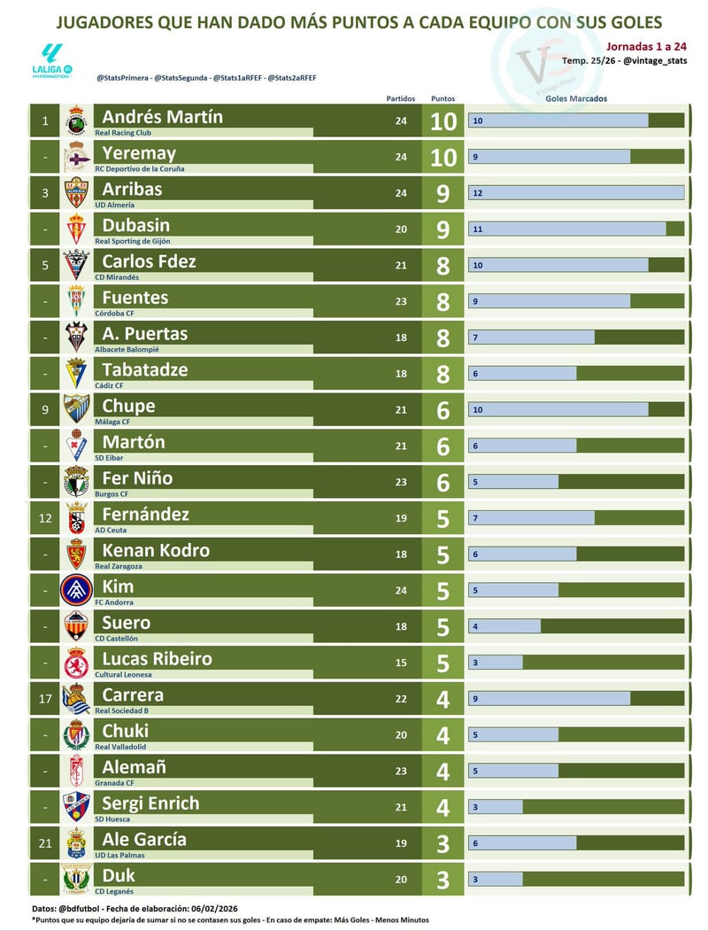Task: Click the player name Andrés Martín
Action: click(x=163, y=117)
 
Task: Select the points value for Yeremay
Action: click(x=443, y=157)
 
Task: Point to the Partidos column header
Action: click(x=400, y=98)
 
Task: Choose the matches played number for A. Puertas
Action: click(x=401, y=337)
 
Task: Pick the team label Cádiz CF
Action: click(x=110, y=385)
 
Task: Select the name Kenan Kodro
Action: click(x=156, y=550)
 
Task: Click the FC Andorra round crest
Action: click(x=77, y=590)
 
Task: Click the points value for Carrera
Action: click(x=443, y=699)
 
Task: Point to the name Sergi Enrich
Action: click(x=150, y=803)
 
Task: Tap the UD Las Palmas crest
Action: click(x=77, y=843)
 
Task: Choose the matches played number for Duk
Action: click(x=401, y=880)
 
